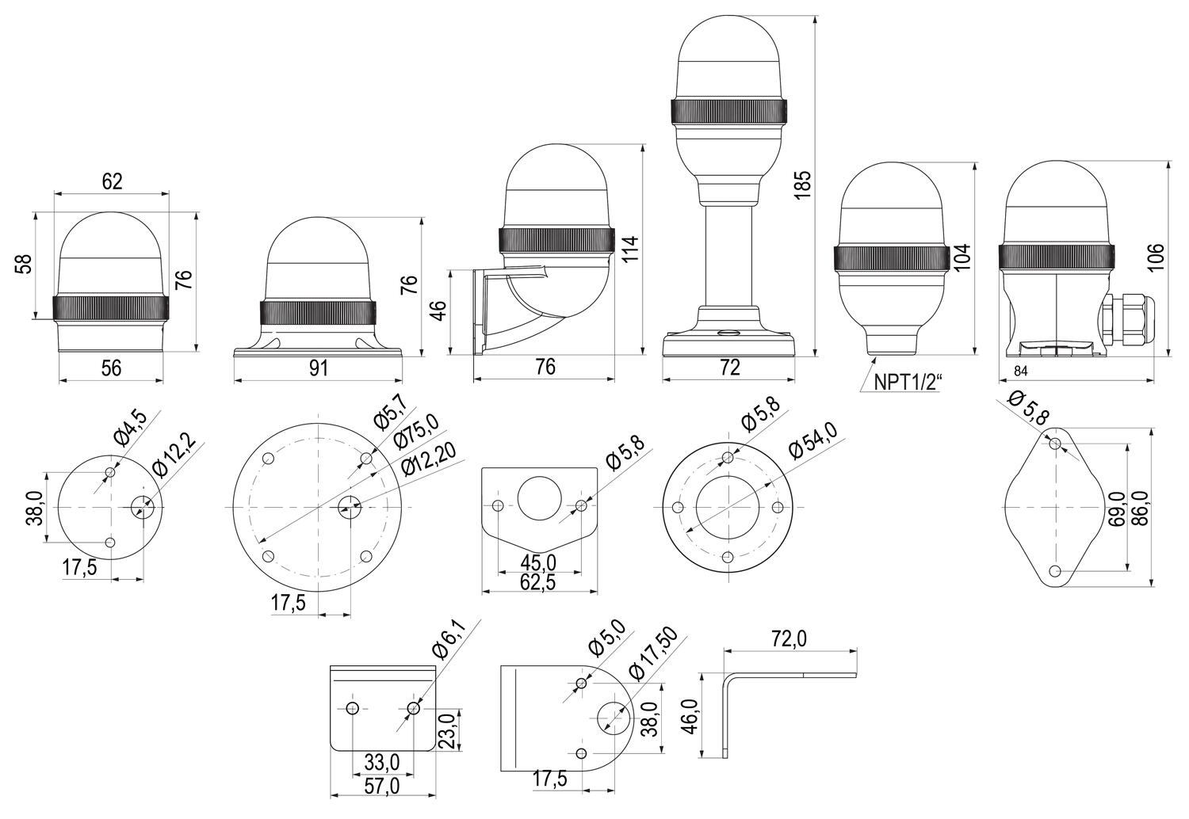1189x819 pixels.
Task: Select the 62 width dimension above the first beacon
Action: (x=113, y=181)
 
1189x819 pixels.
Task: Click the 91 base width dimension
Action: (x=318, y=368)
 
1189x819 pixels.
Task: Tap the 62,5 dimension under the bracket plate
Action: (x=539, y=581)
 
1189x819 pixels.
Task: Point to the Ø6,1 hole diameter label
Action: (x=449, y=641)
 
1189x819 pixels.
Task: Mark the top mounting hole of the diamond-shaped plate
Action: (x=1055, y=444)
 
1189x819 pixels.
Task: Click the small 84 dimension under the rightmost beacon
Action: (x=1019, y=371)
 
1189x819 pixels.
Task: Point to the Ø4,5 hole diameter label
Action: (x=130, y=427)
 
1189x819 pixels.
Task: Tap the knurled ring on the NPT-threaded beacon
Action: (x=892, y=258)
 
